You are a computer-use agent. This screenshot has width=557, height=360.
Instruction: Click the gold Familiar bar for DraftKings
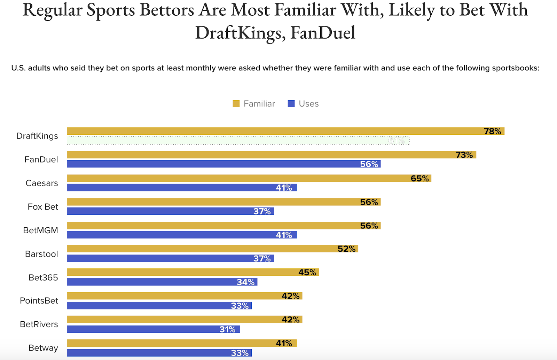[272, 131]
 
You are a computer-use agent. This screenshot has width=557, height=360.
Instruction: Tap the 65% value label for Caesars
[419, 179]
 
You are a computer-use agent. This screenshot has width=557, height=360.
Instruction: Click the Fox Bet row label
[43, 207]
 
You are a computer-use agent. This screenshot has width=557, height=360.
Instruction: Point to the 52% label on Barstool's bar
[346, 249]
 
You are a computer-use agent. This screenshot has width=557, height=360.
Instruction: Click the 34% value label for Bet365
[245, 282]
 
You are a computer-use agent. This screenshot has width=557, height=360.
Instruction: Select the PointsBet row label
[39, 301]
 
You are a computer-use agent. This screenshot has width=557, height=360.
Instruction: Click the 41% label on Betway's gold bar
[284, 344]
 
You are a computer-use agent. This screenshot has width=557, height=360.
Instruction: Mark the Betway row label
[43, 348]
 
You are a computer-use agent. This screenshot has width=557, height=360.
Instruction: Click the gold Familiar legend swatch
[236, 104]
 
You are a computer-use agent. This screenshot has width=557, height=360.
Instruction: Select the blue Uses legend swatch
[291, 104]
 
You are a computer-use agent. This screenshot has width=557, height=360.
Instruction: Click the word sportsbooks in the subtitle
[515, 68]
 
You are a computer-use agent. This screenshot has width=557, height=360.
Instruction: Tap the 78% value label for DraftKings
[492, 131]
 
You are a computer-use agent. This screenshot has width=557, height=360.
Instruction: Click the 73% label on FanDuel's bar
[464, 155]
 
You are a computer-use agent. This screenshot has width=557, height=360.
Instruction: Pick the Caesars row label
[42, 183]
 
